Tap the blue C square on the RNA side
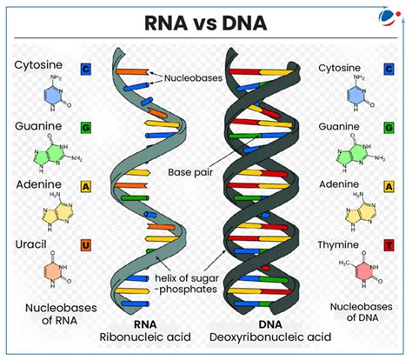86,68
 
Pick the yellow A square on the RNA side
86,186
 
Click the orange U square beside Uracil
86,245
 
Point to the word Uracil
34,245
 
